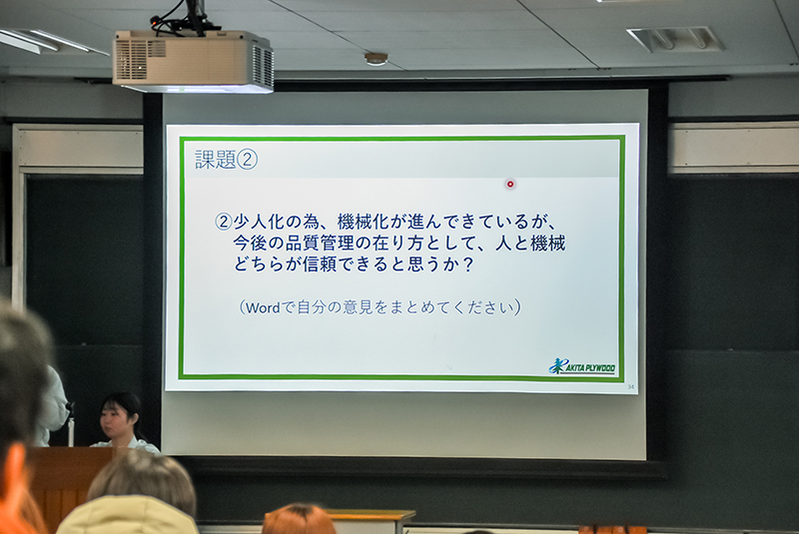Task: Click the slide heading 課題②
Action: pos(226,160)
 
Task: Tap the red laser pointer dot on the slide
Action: pos(510,185)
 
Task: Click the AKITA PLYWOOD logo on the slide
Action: pos(582,366)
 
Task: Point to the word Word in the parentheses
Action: pos(263,307)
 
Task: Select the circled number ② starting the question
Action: pos(223,222)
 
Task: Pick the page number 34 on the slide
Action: pos(631,387)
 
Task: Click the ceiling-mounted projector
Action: pos(193,62)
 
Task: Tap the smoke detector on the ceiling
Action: pos(377,59)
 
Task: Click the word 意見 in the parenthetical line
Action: pos(359,307)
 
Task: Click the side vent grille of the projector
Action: pos(263,65)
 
